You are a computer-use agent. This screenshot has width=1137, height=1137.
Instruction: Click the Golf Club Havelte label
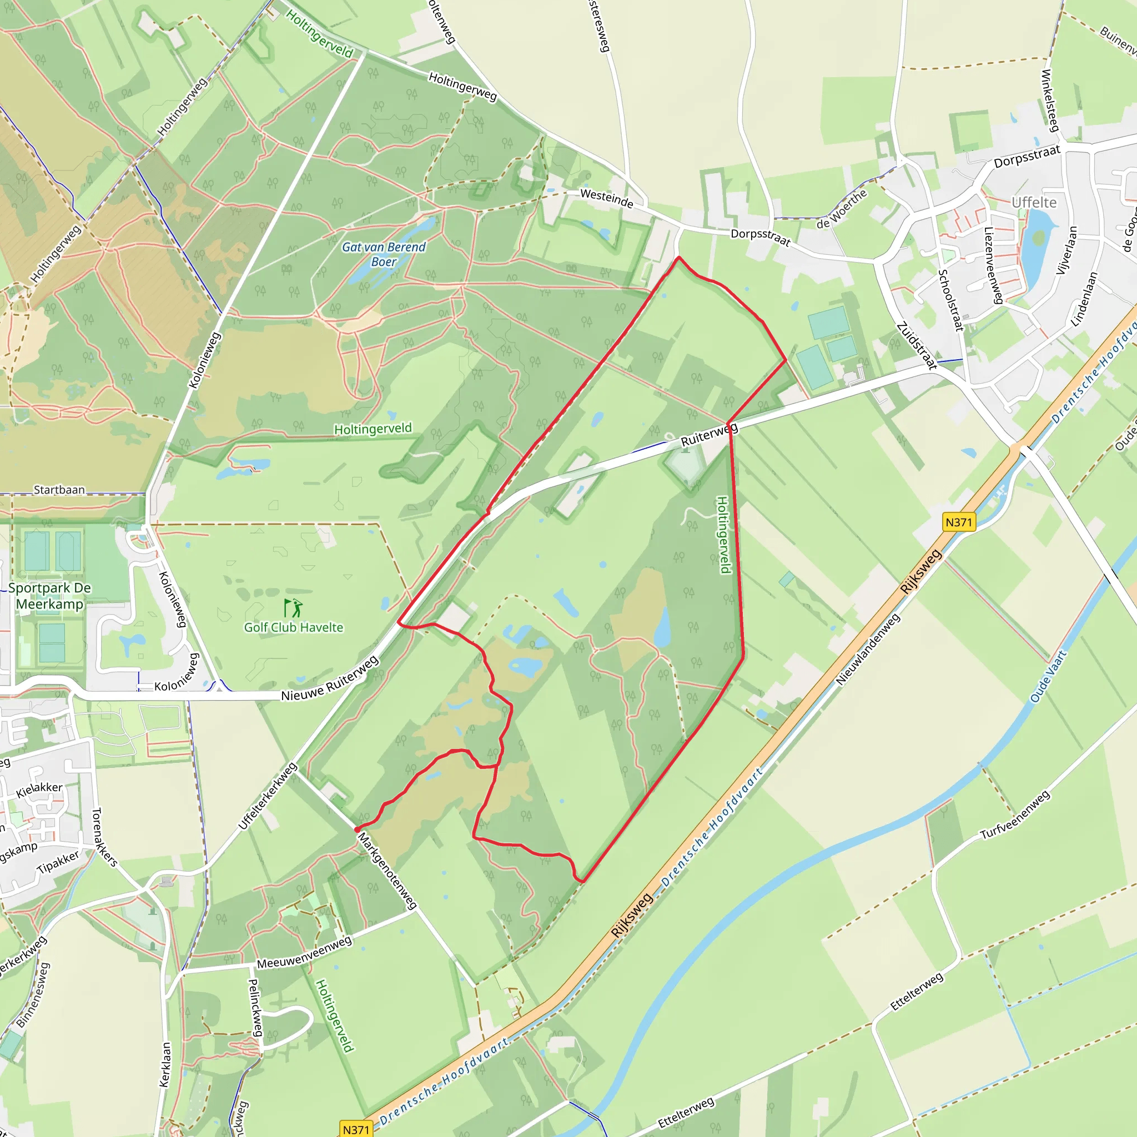293,627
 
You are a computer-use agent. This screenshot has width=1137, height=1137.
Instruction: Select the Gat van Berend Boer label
384,254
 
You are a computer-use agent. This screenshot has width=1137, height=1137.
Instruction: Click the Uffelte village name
1034,203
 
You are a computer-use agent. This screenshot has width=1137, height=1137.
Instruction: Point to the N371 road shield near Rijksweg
959,522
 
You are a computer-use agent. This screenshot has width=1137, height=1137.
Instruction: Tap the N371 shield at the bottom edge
355,1129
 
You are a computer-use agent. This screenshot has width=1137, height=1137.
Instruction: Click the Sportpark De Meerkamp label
49,596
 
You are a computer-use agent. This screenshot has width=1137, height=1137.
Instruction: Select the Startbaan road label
59,490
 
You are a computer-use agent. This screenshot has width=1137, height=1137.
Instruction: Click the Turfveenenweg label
1015,816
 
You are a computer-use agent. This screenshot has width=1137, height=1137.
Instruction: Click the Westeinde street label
607,198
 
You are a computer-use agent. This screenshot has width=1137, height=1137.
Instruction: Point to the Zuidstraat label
916,345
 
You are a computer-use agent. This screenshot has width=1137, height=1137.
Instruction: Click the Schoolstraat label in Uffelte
950,300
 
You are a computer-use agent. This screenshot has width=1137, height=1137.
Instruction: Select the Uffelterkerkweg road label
267,796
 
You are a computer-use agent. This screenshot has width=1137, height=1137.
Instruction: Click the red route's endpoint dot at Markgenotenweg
357,829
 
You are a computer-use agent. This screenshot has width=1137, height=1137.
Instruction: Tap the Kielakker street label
39,790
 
